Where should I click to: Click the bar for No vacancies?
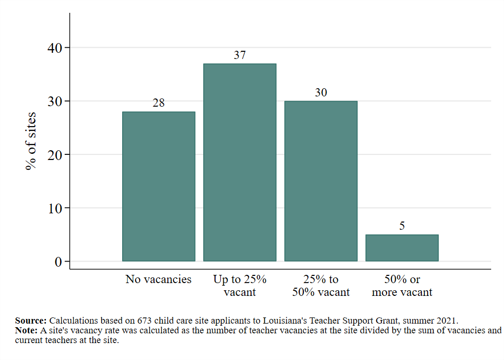[x=159, y=187]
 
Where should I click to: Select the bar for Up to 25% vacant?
[x=240, y=163]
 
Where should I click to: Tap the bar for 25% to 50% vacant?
[x=321, y=181]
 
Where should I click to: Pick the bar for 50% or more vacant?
[x=402, y=248]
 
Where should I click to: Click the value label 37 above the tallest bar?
[x=240, y=55]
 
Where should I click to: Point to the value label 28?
[x=159, y=103]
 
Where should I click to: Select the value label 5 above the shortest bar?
[x=402, y=226]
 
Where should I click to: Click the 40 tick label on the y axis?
[x=54, y=48]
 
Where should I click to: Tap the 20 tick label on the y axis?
[x=54, y=155]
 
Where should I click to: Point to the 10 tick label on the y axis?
[x=54, y=208]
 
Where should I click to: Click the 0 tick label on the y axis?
[x=58, y=262]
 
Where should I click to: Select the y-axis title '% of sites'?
[x=32, y=141]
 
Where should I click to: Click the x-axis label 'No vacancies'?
[x=159, y=279]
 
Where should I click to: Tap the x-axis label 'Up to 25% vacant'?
[x=240, y=286]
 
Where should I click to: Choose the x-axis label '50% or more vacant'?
[x=402, y=286]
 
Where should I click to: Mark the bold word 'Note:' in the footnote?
[x=26, y=330]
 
